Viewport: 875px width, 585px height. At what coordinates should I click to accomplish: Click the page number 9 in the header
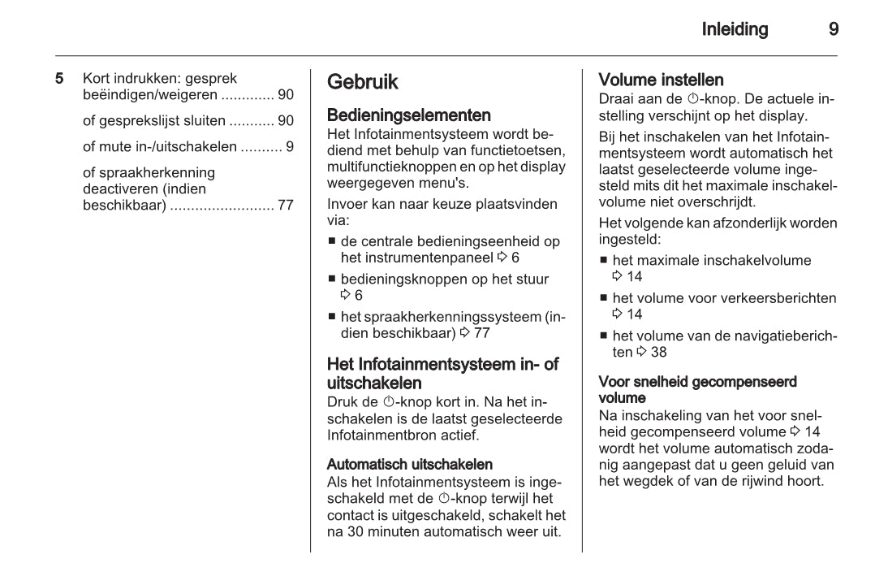pyautogui.click(x=834, y=30)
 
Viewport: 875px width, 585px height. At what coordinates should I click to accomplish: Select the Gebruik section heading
pyautogui.click(x=363, y=82)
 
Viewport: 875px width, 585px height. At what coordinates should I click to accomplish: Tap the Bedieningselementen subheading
pyautogui.click(x=408, y=115)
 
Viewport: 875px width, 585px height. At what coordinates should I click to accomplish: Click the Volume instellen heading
pyautogui.click(x=661, y=80)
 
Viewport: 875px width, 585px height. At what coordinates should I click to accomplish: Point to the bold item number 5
pyautogui.click(x=59, y=80)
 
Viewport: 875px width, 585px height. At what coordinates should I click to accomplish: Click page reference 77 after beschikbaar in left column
pyautogui.click(x=285, y=205)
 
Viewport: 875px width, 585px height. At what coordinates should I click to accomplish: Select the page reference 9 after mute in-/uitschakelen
pyautogui.click(x=290, y=147)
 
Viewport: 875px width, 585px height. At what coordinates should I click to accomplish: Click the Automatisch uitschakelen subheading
pyautogui.click(x=409, y=465)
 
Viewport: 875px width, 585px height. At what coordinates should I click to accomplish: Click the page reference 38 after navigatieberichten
pyautogui.click(x=658, y=352)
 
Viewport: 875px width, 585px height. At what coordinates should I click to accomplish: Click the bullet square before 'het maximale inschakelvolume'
pyautogui.click(x=604, y=262)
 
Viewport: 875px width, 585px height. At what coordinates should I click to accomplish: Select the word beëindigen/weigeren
pyautogui.click(x=150, y=95)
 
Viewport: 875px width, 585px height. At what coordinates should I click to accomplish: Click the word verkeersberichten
pyautogui.click(x=784, y=298)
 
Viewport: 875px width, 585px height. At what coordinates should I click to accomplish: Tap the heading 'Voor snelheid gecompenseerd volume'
pyautogui.click(x=686, y=389)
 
